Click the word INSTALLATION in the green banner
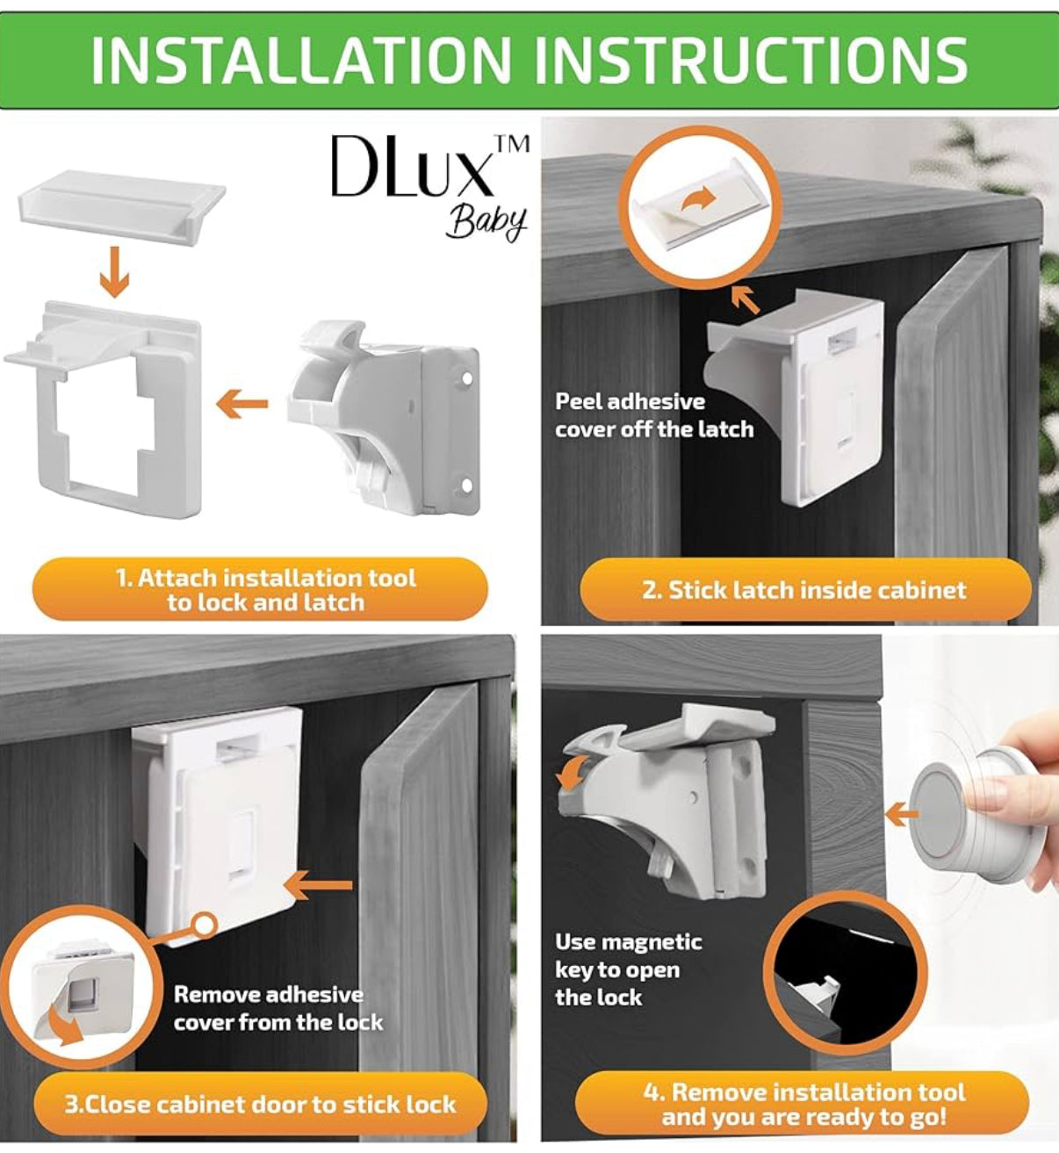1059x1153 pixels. point(300,60)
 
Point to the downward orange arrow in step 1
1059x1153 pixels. point(114,272)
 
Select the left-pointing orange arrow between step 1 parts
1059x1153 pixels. point(242,403)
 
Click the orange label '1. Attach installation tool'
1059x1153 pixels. point(260,589)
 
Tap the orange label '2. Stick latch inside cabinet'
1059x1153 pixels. point(805,590)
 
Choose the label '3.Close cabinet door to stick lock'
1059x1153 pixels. point(260,1104)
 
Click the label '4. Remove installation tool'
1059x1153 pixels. point(803,1104)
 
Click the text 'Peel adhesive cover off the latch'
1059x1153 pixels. point(654,415)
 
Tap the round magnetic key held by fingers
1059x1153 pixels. point(971,815)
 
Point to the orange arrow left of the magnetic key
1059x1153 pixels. point(902,814)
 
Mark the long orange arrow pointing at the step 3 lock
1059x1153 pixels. point(318,884)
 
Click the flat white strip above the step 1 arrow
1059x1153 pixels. point(122,204)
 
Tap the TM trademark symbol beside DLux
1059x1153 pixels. point(512,145)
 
